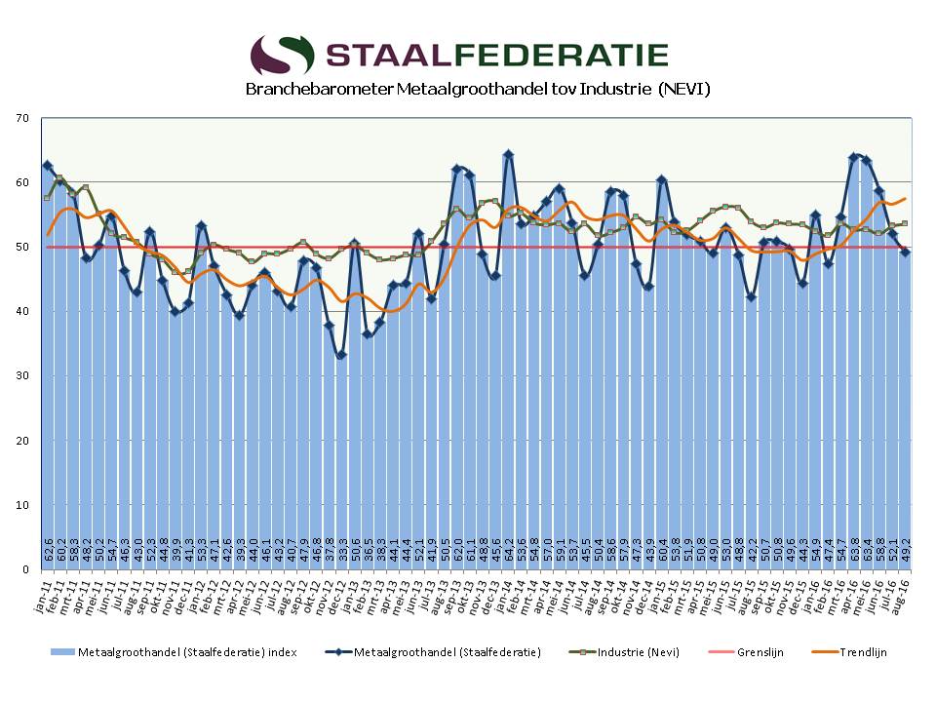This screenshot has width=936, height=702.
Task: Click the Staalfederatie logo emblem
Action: coord(282,56)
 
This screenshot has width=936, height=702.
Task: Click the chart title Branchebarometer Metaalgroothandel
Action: coord(478,90)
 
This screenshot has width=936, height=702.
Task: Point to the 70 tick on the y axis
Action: coord(23,118)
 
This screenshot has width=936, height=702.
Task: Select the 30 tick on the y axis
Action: coord(23,375)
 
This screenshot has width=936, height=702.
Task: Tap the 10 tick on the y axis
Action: coord(23,504)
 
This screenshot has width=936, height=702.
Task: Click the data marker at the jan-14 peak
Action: coord(508,155)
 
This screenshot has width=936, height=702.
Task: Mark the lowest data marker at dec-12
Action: coord(341,355)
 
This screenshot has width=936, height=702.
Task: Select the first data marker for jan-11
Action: coord(48,166)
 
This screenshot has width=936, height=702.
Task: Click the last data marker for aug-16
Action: coord(906,252)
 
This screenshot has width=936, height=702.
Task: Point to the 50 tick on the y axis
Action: coord(23,247)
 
